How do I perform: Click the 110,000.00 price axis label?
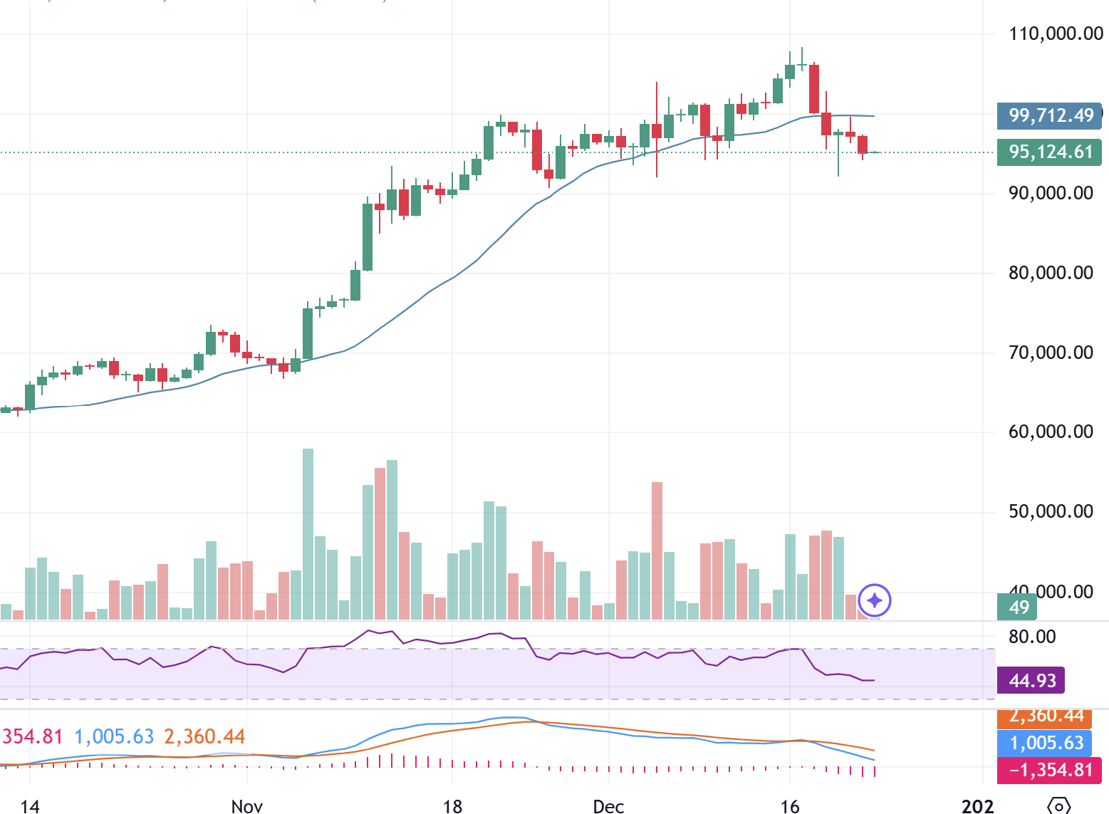point(1056,33)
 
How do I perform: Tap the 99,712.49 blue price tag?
point(1051,115)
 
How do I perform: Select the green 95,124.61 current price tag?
point(1051,152)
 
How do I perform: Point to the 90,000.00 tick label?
point(1051,193)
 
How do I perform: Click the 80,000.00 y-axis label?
point(1051,273)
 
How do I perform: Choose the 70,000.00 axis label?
point(1051,353)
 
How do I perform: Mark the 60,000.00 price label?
point(1051,432)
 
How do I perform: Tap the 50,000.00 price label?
point(1051,511)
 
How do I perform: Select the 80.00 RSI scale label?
point(1032,637)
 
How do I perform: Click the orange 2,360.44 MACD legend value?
point(204,736)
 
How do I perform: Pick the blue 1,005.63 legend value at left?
point(114,736)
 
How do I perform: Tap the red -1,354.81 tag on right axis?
point(1051,770)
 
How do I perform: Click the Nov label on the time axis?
point(246,806)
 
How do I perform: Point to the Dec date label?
point(608,806)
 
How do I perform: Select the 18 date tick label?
point(452,806)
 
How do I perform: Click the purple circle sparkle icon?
point(875,601)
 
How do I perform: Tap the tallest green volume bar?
point(308,534)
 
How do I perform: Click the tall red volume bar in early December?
point(657,551)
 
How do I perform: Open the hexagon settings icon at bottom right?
point(1059,805)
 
